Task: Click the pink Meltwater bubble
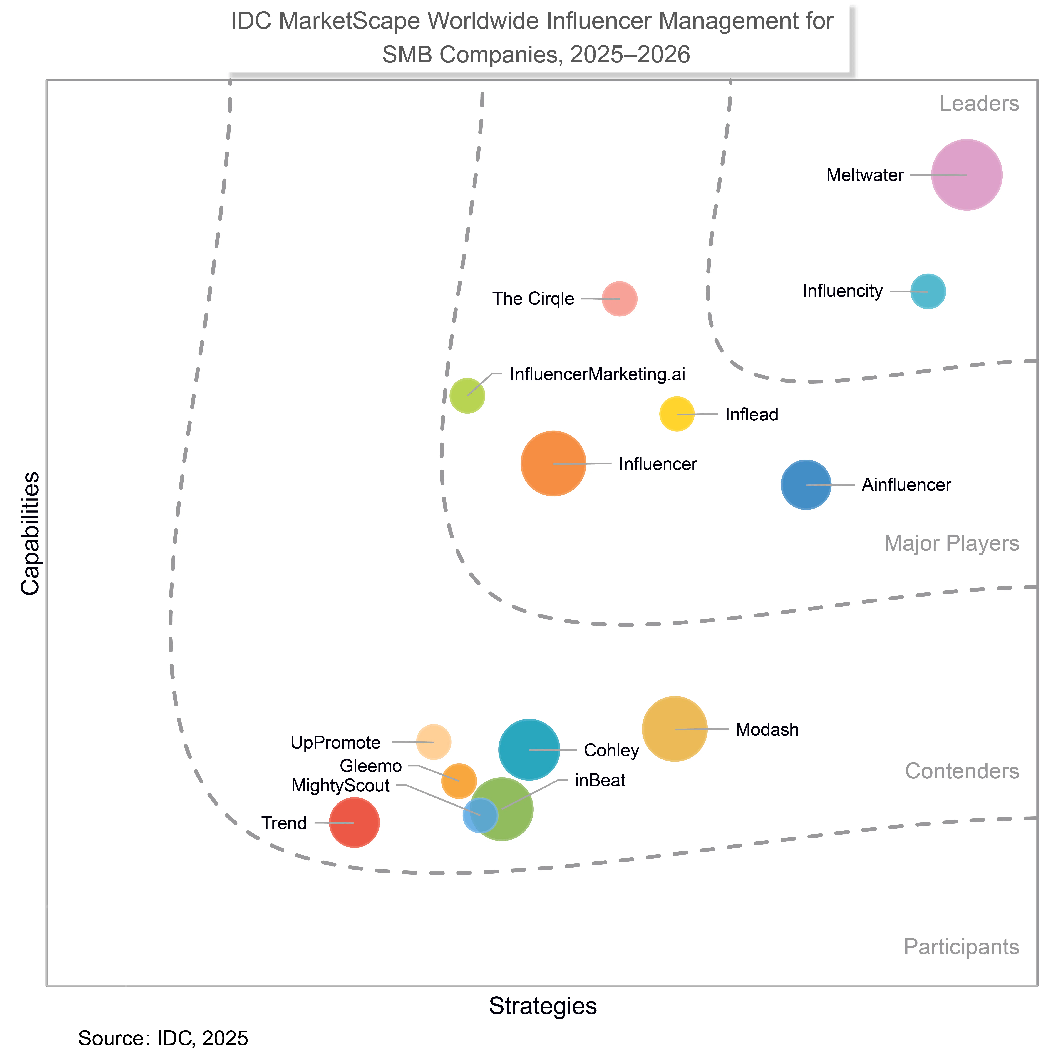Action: (x=966, y=175)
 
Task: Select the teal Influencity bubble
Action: (x=928, y=291)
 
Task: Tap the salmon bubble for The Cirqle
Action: (x=620, y=299)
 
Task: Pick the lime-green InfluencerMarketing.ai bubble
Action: (x=467, y=395)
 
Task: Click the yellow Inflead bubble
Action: (x=677, y=414)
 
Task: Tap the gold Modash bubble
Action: (x=675, y=729)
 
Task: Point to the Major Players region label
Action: (x=952, y=544)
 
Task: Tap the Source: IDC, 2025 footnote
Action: (x=163, y=1038)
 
